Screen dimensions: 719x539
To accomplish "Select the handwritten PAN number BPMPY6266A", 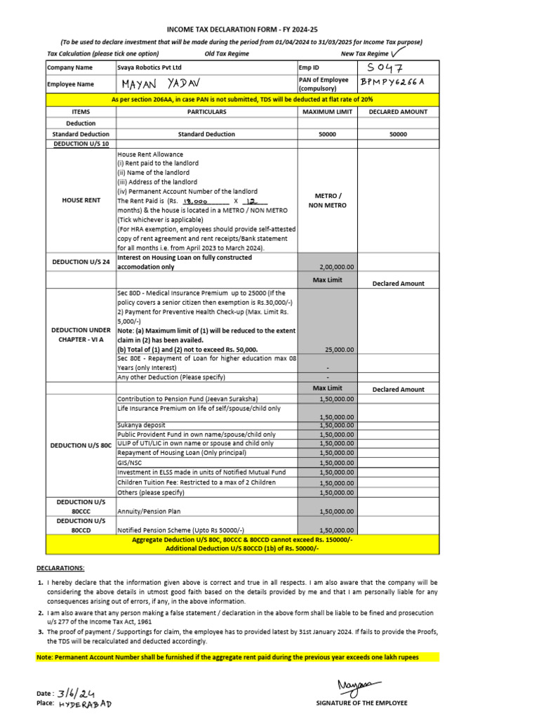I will (x=392, y=83).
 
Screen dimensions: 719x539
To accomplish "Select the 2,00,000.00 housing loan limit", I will (x=338, y=267).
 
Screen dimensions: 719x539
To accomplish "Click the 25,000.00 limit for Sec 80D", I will (x=339, y=349).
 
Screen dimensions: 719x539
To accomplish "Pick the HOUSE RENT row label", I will (x=81, y=200).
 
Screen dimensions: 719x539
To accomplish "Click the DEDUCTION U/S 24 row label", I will (x=81, y=262).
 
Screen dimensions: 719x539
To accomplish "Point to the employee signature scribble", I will (x=359, y=685).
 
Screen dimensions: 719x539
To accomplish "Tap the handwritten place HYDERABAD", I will (x=85, y=704).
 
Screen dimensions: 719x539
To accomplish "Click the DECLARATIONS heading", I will (x=60, y=567).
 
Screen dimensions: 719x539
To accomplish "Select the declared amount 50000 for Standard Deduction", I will (x=398, y=133).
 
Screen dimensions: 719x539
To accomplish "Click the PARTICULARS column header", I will (x=206, y=112).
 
